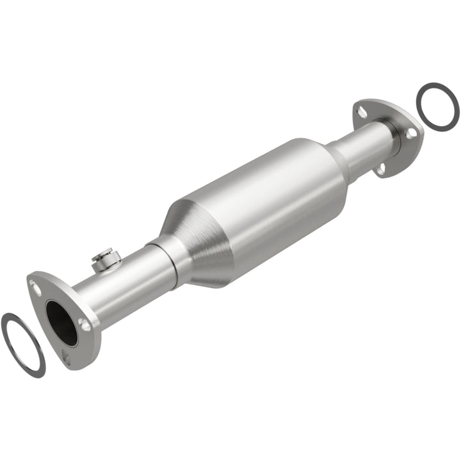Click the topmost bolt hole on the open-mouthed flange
click(36, 287)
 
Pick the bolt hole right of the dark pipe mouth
click(85, 325)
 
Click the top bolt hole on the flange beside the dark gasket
click(363, 112)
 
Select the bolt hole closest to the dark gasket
click(412, 134)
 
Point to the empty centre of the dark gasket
click(437, 106)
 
